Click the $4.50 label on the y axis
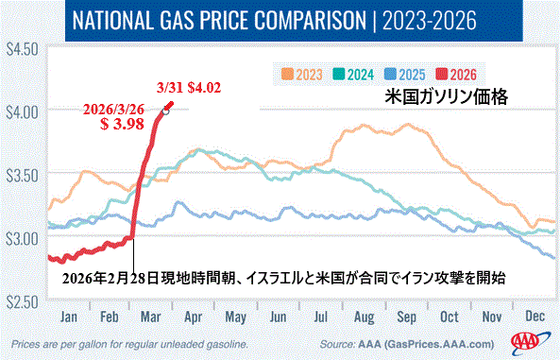[22, 50]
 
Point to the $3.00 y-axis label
[22, 239]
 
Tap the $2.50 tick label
[22, 302]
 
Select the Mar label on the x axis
[151, 317]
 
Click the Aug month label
[364, 317]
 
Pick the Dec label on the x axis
[535, 316]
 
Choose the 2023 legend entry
[302, 75]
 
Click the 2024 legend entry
[353, 75]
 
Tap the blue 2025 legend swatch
[390, 75]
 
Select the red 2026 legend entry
[456, 75]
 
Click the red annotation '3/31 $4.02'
[189, 88]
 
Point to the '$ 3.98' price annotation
[122, 124]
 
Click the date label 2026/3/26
[113, 110]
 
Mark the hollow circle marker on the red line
[165, 111]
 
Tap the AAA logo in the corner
[529, 341]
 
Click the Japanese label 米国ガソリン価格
[446, 96]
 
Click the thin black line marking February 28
[133, 256]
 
